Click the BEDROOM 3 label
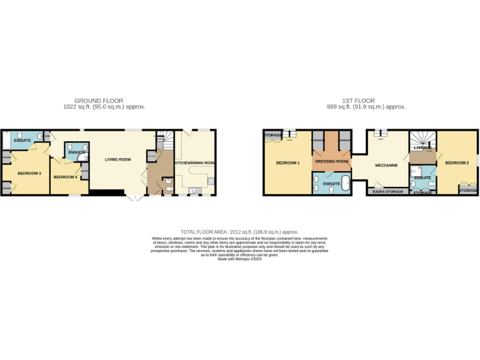29,172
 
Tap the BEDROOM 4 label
65,177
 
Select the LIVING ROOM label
117,159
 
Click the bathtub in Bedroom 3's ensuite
6,141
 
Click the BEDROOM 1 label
288,163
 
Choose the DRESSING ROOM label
331,161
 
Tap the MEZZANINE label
387,166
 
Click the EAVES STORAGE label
388,191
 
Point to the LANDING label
422,147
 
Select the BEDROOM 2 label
457,163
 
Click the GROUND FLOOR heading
99,101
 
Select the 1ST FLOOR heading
358,101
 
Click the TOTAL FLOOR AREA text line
240,231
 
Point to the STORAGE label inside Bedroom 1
272,135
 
